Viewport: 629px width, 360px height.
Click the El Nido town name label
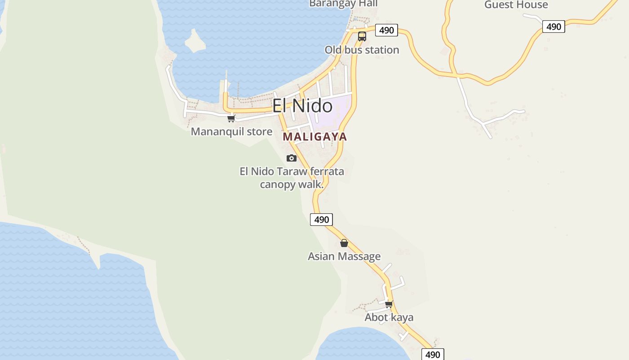tap(302, 106)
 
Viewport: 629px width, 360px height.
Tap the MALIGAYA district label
tap(315, 137)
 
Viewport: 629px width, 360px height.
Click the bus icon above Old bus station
tap(362, 36)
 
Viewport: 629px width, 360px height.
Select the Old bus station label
tap(362, 49)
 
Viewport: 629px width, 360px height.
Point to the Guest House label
tap(516, 5)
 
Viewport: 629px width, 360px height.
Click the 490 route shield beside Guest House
tap(554, 27)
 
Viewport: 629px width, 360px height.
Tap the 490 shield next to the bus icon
tap(386, 30)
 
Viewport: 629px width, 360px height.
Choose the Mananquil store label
tap(231, 131)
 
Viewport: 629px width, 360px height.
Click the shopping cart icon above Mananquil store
tap(231, 119)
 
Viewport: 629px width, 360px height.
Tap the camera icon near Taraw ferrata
tap(292, 158)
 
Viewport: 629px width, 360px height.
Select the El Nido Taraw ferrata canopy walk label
tap(292, 178)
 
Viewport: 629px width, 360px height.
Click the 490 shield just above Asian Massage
tap(322, 220)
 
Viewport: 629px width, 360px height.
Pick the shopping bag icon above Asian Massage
tap(344, 243)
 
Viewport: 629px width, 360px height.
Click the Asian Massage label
tap(344, 256)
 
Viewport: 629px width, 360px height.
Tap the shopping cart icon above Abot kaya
tap(389, 305)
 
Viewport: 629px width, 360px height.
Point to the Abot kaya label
tap(389, 317)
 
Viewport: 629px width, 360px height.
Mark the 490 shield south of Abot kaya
tap(433, 355)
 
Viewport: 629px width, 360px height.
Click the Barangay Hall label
tap(343, 4)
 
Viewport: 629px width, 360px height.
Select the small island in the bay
tap(195, 41)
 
